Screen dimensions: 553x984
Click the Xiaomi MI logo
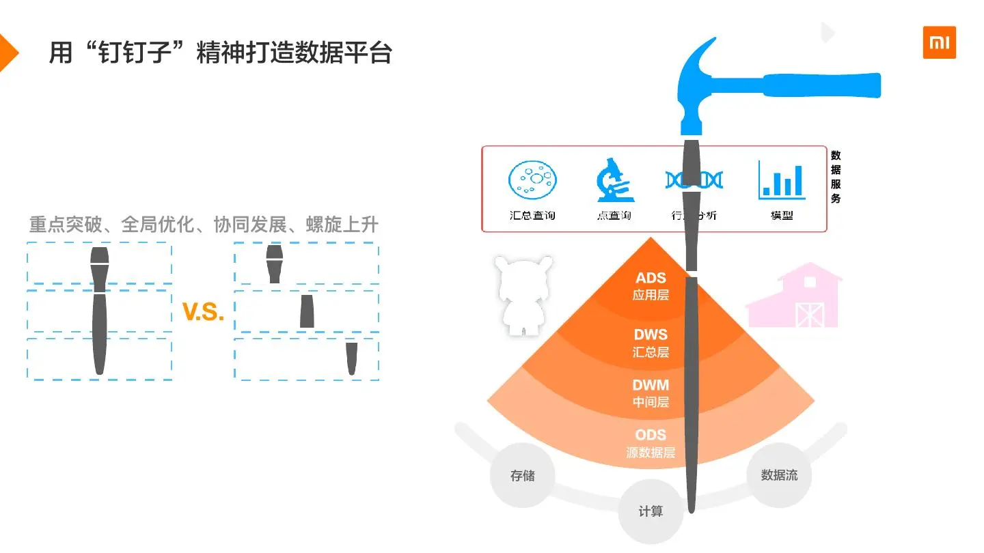(x=939, y=42)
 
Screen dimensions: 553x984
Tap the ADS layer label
(x=651, y=286)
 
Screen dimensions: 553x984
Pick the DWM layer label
(x=651, y=393)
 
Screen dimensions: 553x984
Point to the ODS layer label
(x=651, y=442)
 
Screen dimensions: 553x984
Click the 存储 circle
(x=523, y=476)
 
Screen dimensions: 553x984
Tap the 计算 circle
(x=651, y=511)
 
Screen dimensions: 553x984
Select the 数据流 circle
(x=779, y=475)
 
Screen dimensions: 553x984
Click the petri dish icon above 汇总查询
(x=532, y=180)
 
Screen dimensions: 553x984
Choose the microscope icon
(x=613, y=180)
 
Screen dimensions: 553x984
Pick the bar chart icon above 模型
(x=782, y=180)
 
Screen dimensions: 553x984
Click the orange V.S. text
(x=203, y=312)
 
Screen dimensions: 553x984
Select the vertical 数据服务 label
(x=836, y=177)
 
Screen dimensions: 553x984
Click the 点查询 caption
(x=614, y=216)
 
